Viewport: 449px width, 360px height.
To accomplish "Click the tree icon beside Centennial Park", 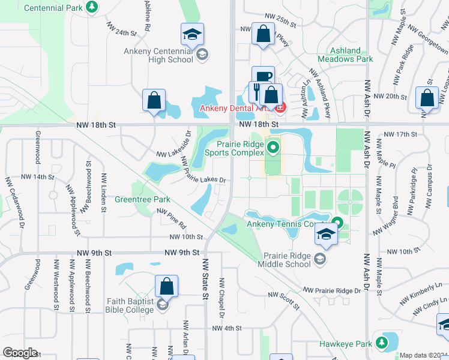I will (92, 7).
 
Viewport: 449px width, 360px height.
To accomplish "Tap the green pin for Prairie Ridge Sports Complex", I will (274, 146).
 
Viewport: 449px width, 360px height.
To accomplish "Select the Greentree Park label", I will (142, 199).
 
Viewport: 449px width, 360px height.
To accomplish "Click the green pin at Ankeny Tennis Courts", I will (337, 223).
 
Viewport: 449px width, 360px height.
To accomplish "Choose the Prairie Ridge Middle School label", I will (285, 259).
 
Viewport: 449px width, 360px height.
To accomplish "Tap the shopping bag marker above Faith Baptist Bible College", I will (166, 286).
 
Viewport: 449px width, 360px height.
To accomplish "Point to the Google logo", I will (20, 352).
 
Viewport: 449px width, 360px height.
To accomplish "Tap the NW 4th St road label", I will (221, 328).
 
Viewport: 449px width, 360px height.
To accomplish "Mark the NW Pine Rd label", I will (172, 218).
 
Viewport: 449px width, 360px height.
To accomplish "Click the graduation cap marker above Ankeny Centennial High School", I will (192, 34).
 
